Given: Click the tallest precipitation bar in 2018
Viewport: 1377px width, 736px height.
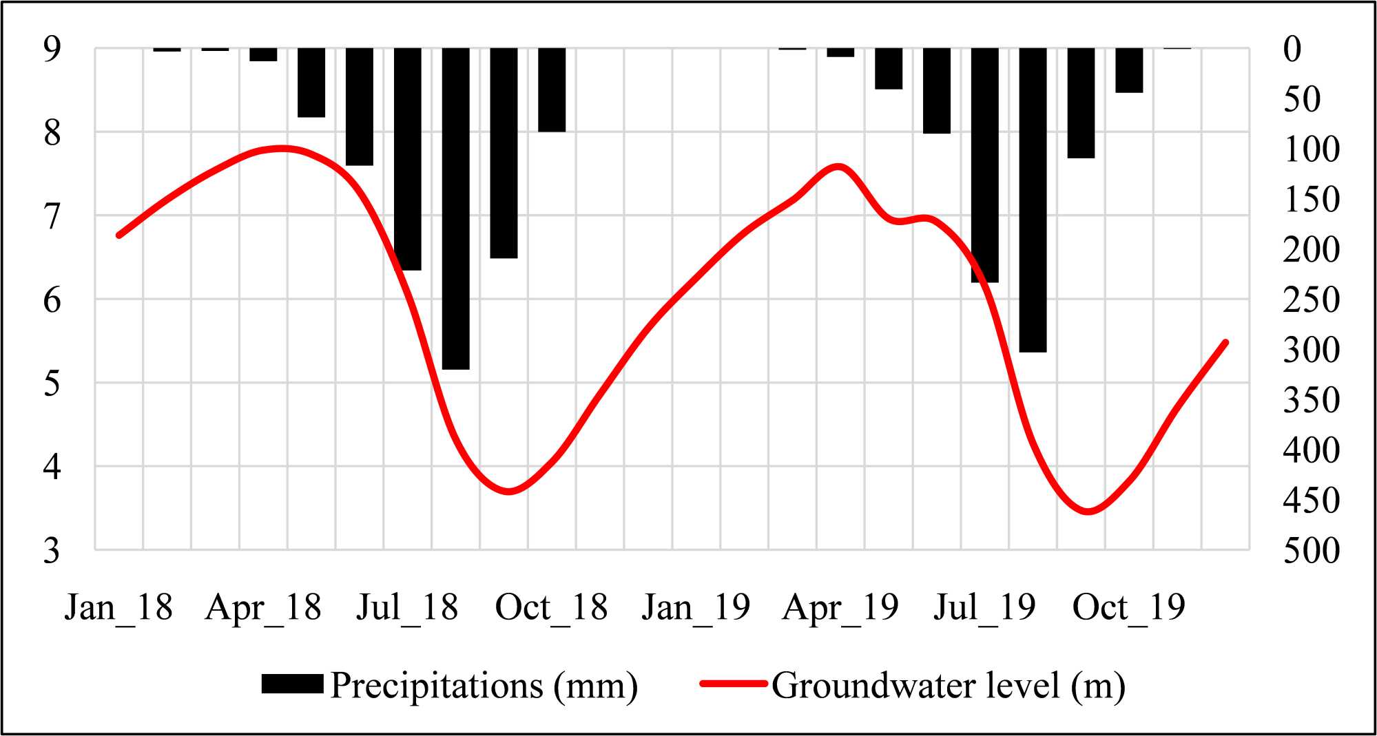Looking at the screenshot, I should (x=455, y=207).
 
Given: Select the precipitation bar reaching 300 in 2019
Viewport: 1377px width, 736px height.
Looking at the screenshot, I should (x=1033, y=200).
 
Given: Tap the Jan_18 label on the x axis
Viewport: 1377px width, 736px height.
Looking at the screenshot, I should (x=118, y=607).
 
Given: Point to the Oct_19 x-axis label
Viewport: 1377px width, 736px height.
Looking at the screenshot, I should (x=1128, y=607).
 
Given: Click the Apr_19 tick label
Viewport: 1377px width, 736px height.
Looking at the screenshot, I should (x=840, y=607).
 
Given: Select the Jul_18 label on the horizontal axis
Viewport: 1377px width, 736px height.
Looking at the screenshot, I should (x=406, y=607).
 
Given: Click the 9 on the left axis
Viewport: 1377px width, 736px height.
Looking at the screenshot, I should (x=52, y=49).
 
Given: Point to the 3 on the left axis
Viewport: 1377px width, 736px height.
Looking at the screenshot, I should (x=52, y=551).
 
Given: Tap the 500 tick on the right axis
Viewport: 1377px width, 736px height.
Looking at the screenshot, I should (x=1312, y=551).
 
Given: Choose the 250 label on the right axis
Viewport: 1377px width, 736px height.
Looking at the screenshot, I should (x=1312, y=299).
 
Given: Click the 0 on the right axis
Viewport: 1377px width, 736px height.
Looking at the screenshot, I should (x=1292, y=49).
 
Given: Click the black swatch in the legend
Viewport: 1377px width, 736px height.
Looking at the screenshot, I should (x=292, y=684).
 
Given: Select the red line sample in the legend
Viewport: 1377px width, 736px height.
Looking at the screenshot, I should (x=733, y=684).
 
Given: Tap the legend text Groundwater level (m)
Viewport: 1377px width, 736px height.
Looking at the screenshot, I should (x=948, y=686).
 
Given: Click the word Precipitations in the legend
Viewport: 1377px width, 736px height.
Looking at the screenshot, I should (x=437, y=686).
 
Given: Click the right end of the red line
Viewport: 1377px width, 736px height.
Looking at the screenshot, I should (x=1225, y=342).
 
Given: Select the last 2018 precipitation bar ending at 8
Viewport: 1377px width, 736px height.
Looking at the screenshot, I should (x=552, y=90).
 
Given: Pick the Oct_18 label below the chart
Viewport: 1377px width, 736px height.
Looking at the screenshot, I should (x=551, y=607).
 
